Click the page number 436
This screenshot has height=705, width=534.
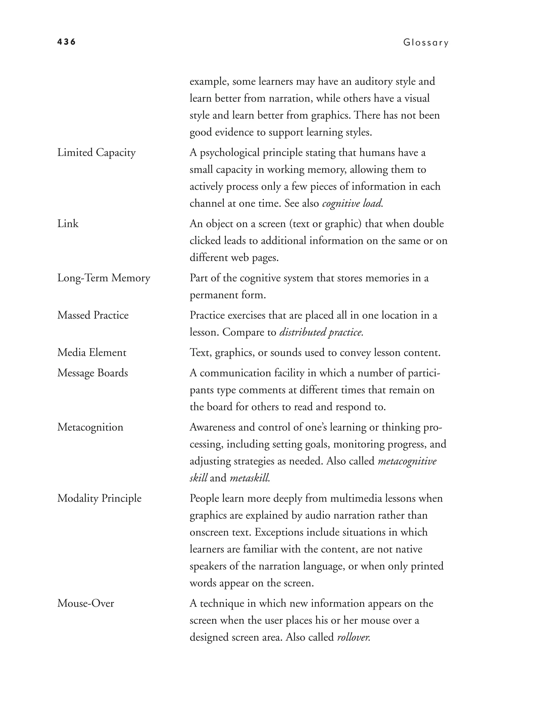point(66,42)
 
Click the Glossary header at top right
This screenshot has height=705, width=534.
point(426,42)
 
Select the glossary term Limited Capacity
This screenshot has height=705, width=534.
point(96,153)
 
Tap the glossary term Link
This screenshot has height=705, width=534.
point(68,224)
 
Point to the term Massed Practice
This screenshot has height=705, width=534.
point(93,315)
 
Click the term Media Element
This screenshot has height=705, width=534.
point(92,353)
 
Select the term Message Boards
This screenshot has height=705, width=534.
point(93,373)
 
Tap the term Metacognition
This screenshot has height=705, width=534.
point(90,427)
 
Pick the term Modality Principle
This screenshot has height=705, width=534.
point(99,498)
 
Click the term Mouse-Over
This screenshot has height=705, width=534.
point(86,603)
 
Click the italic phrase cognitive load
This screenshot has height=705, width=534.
point(353,203)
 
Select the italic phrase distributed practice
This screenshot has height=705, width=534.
point(321,332)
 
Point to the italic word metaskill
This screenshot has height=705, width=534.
point(250,478)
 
